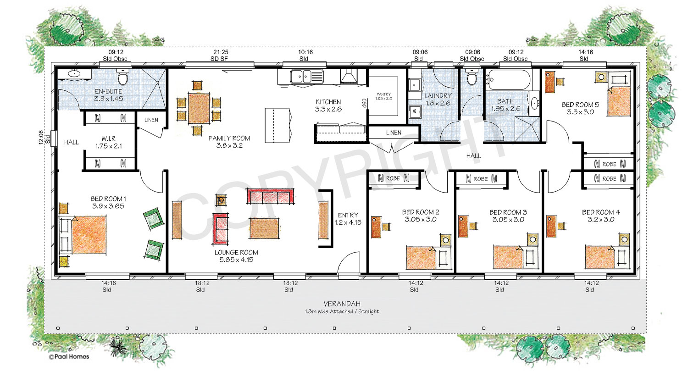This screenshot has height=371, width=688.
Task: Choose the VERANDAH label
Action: (x=342, y=304)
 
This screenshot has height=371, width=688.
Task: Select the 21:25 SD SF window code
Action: (x=219, y=55)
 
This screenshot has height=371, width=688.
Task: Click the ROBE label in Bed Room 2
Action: (x=393, y=178)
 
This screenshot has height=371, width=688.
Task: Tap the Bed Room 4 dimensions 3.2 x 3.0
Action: (x=600, y=220)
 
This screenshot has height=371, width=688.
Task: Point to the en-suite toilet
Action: (x=123, y=76)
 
